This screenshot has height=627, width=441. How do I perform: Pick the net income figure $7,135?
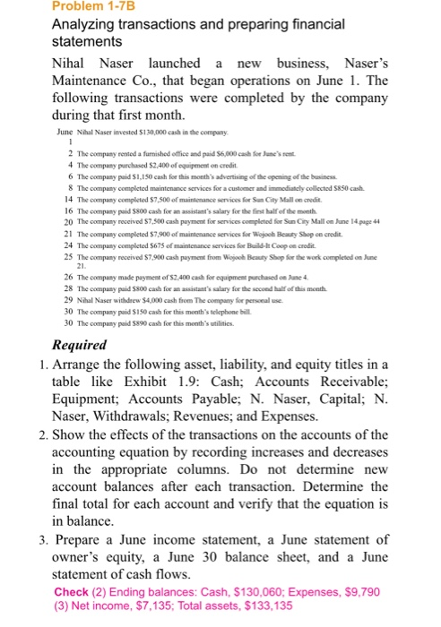click(141, 606)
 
